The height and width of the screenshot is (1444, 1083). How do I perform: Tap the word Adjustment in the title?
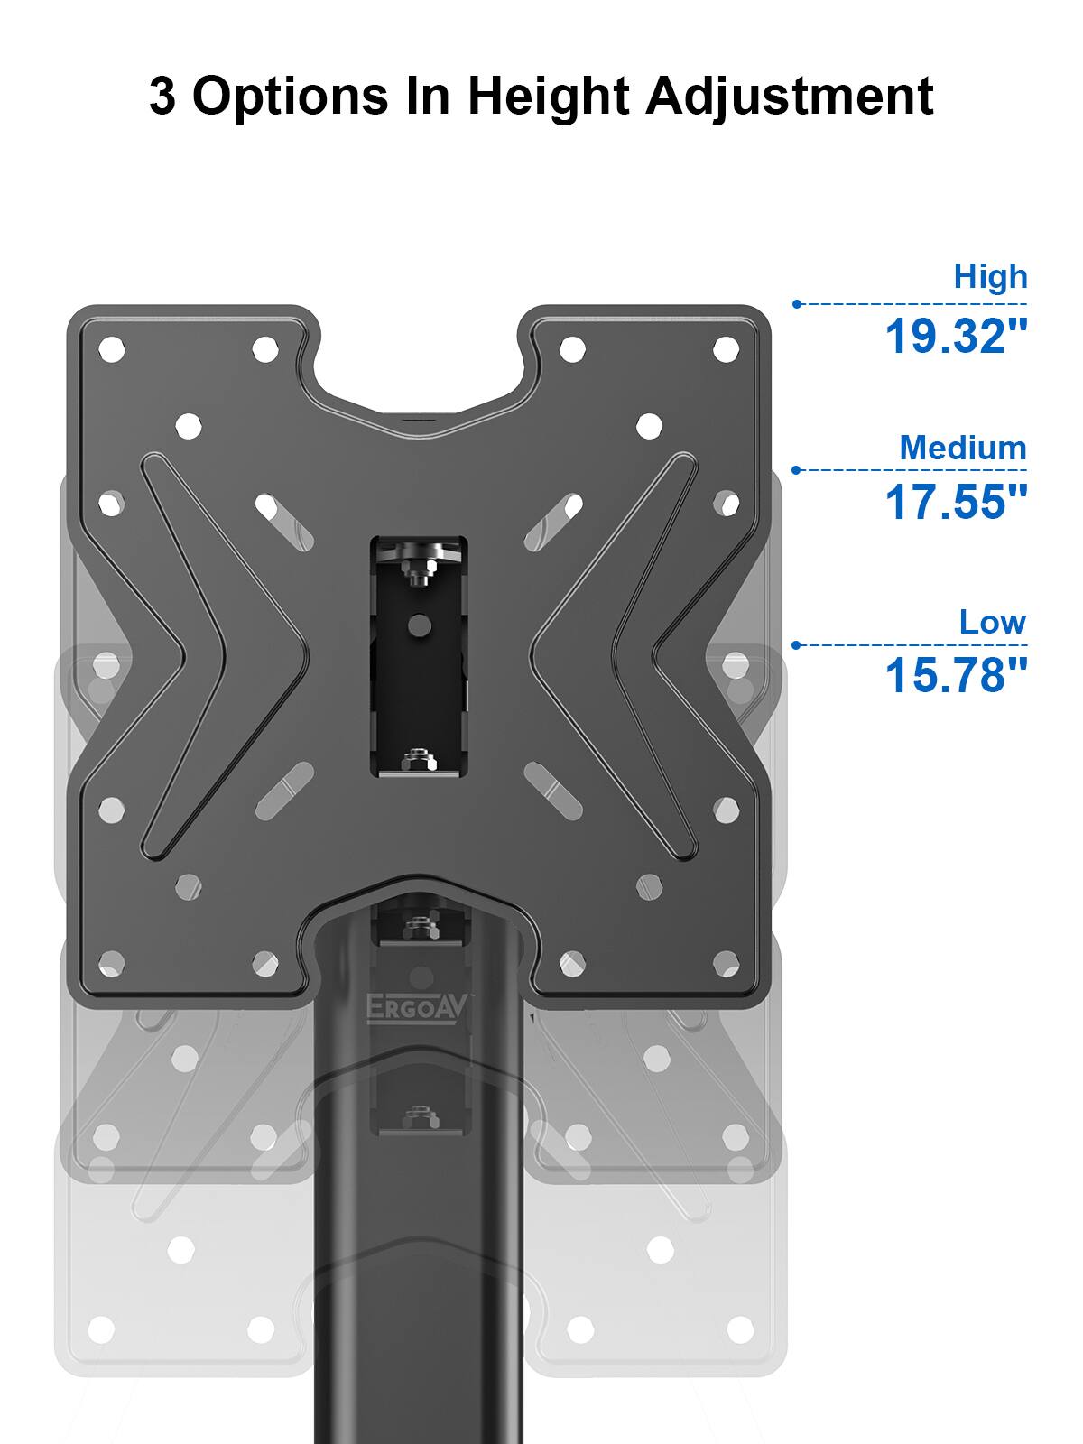click(789, 96)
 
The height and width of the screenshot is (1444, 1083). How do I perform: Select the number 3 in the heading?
click(162, 96)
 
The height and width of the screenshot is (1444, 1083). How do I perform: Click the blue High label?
click(990, 276)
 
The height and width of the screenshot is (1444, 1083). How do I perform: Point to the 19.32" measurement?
click(956, 337)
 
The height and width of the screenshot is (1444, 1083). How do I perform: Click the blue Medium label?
click(962, 448)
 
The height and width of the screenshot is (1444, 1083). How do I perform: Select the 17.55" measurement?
click(956, 502)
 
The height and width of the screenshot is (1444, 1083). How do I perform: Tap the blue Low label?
click(992, 622)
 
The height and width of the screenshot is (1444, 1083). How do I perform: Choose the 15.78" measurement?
click(956, 676)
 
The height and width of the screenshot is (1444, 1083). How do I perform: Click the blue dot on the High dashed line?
click(797, 304)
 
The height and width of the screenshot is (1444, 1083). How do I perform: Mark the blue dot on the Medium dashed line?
click(797, 470)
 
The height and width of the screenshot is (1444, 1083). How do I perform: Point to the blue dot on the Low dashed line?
click(797, 645)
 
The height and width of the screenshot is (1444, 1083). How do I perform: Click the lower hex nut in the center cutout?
click(417, 760)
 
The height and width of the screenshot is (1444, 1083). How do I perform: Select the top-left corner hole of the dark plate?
click(112, 349)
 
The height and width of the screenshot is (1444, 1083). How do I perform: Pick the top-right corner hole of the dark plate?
click(727, 349)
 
